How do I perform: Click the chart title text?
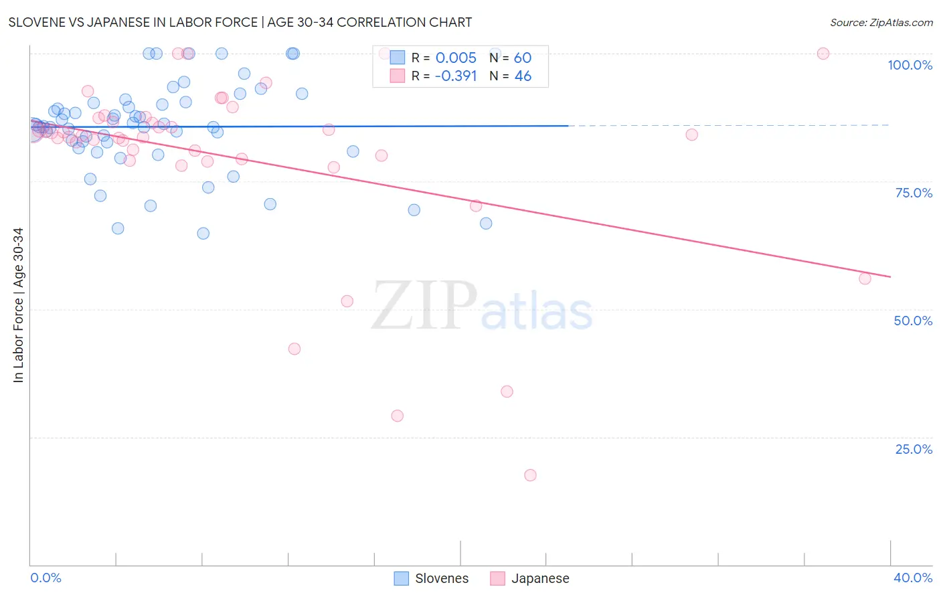[x=240, y=22]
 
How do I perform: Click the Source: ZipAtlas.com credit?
[x=881, y=22]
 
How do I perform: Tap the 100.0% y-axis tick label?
[x=910, y=65]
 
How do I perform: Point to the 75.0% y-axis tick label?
[x=914, y=193]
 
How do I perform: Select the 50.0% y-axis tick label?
[x=913, y=321]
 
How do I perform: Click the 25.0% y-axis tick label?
[x=914, y=449]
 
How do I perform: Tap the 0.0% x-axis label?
[x=46, y=578]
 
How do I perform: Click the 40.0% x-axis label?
[x=912, y=578]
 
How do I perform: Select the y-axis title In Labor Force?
[x=18, y=305]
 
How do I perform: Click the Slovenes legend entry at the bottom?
[x=432, y=578]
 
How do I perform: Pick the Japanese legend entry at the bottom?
[x=529, y=578]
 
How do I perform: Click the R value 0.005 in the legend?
[x=456, y=58]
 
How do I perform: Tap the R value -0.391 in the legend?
[x=456, y=76]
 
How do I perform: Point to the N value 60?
[x=522, y=58]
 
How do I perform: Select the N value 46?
[x=522, y=76]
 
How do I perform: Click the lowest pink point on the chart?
[x=530, y=475]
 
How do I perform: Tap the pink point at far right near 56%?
[x=865, y=278]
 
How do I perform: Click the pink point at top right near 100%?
[x=823, y=54]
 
